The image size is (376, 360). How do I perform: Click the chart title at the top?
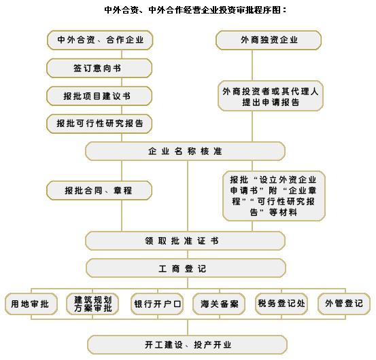pyautogui.click(x=195, y=10)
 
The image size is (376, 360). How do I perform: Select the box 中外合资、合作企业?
pyautogui.click(x=100, y=40)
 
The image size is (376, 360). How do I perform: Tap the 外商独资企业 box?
pyautogui.click(x=269, y=40)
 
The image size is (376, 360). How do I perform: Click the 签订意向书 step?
pyautogui.click(x=99, y=68)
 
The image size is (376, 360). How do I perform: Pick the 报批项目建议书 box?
pyautogui.click(x=99, y=96)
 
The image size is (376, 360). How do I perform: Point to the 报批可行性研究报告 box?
pyautogui.click(x=99, y=124)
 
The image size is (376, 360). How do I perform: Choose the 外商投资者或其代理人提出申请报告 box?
pyautogui.click(x=271, y=96)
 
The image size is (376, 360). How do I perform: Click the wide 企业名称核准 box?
pyautogui.click(x=186, y=151)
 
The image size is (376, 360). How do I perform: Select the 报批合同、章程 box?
pyautogui.click(x=99, y=190)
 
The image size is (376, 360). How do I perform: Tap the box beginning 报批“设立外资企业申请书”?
pyautogui.click(x=274, y=196)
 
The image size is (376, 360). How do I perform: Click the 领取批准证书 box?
pyautogui.click(x=186, y=240)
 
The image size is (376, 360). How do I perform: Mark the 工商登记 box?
pyautogui.click(x=186, y=268)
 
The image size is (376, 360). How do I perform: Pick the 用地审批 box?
pyautogui.click(x=31, y=304)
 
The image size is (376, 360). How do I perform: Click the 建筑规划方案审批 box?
pyautogui.click(x=92, y=304)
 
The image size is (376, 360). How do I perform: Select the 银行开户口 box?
pyautogui.click(x=157, y=304)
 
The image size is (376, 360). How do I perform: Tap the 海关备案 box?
pyautogui.click(x=219, y=304)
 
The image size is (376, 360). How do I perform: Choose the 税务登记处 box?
pyautogui.click(x=281, y=304)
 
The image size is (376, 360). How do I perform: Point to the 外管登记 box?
pyautogui.click(x=344, y=304)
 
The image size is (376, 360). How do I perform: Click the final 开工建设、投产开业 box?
pyautogui.click(x=187, y=345)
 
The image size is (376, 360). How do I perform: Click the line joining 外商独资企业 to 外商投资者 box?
pyautogui.click(x=252, y=65)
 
